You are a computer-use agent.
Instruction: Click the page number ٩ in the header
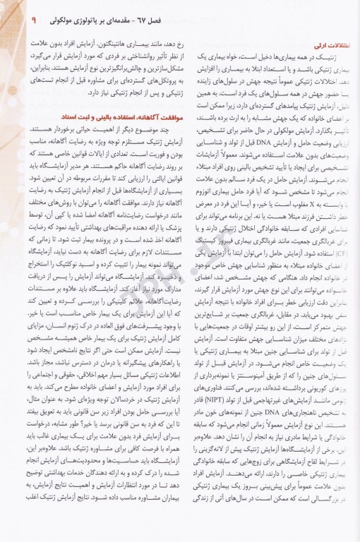[15, 12]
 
